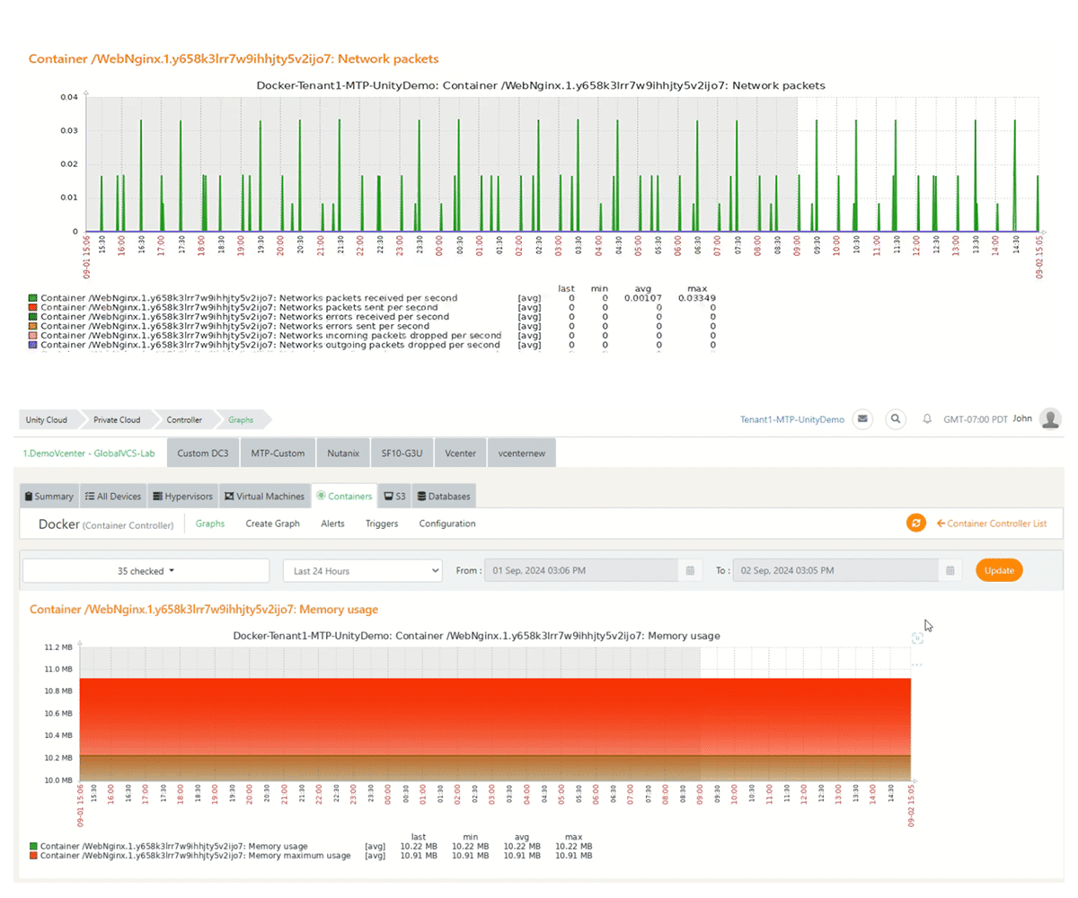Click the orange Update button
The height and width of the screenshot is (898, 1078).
point(999,570)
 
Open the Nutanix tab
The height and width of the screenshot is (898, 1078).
point(341,453)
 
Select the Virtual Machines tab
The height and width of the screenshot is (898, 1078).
point(266,496)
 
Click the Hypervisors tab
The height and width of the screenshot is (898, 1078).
point(182,496)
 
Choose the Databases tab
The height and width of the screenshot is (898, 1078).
point(444,496)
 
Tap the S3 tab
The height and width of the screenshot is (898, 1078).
point(395,496)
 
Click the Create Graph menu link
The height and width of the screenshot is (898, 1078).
point(272,524)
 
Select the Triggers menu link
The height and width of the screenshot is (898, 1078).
point(382,524)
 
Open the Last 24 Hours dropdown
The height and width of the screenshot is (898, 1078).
point(363,570)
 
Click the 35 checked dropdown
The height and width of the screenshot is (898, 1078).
point(146,570)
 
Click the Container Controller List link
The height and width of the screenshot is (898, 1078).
point(991,524)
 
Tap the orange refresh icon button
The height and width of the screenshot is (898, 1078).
point(915,524)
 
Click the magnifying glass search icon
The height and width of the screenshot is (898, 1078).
point(895,419)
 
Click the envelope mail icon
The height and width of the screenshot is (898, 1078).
point(862,419)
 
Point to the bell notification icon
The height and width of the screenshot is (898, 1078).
point(927,419)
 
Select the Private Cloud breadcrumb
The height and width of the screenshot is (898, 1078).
point(117,419)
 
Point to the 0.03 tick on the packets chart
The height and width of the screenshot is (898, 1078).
point(68,130)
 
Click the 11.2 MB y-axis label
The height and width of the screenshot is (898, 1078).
point(58,647)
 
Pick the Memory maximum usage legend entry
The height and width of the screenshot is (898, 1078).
point(195,856)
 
